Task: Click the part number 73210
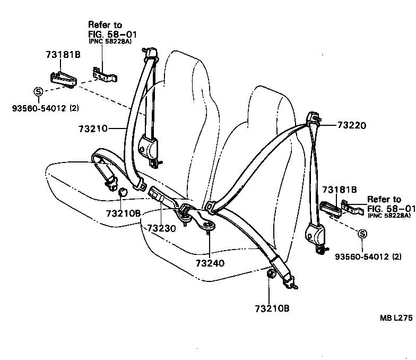point(93,128)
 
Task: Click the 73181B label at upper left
point(63,55)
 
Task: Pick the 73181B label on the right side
point(339,189)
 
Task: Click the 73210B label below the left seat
point(123,213)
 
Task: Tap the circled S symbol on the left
point(38,91)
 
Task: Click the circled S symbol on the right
point(362,234)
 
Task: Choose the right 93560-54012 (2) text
point(368,257)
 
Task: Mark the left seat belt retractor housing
point(149,146)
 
